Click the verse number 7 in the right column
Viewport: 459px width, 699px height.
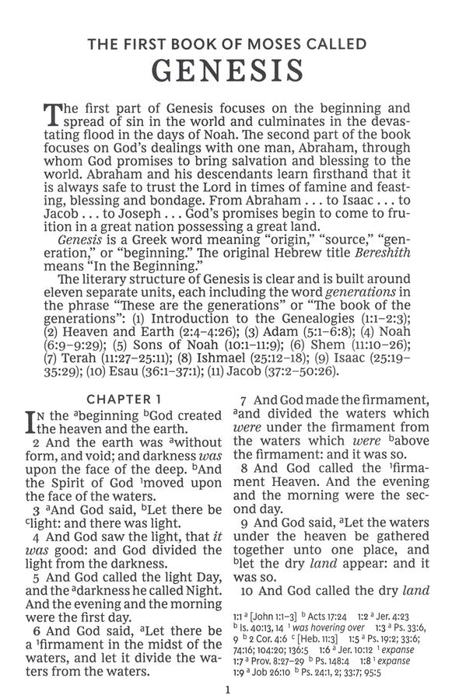(242, 399)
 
